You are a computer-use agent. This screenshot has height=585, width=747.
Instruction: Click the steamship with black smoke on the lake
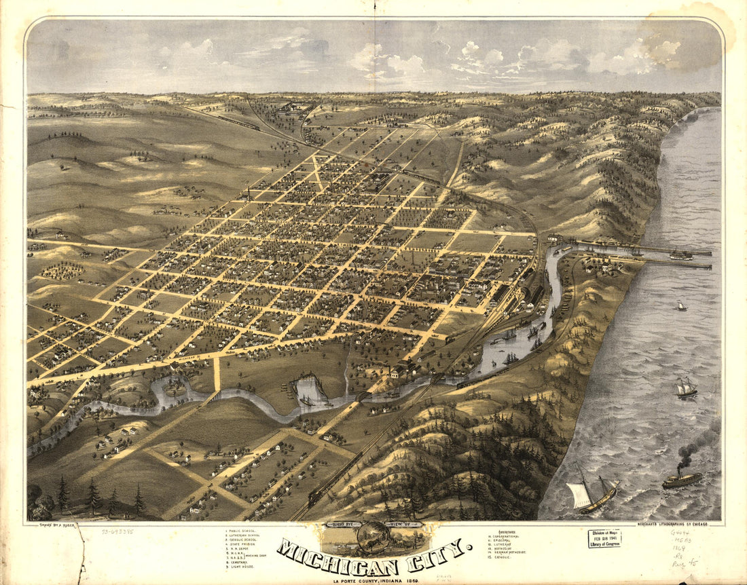tap(682, 480)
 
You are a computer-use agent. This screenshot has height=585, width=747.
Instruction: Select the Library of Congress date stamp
tap(604, 539)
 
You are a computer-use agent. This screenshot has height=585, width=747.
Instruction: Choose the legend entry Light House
tap(243, 567)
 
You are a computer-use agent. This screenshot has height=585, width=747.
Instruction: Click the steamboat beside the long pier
tap(681, 255)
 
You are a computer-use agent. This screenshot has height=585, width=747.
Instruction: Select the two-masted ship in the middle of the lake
tap(686, 389)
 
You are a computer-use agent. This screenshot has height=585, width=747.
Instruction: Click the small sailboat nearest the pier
tap(681, 306)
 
